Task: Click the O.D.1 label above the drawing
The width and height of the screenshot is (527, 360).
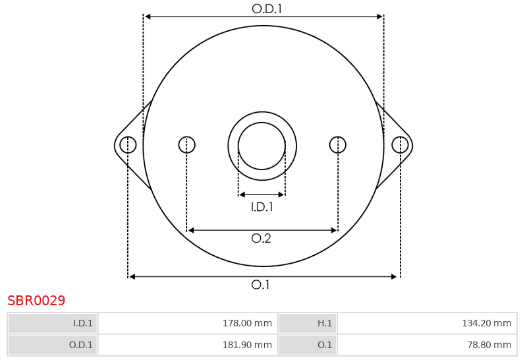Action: (267, 9)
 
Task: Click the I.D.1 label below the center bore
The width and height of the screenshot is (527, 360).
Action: (262, 207)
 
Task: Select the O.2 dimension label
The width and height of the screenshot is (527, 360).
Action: (261, 239)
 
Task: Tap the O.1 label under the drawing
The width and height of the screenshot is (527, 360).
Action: (260, 285)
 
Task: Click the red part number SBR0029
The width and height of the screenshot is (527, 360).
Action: (36, 301)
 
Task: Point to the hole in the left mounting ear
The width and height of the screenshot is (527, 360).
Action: (128, 145)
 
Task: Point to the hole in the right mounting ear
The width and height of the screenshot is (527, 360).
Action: (400, 145)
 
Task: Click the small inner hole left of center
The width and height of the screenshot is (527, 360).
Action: (187, 145)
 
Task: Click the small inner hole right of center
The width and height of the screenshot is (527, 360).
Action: (338, 145)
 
